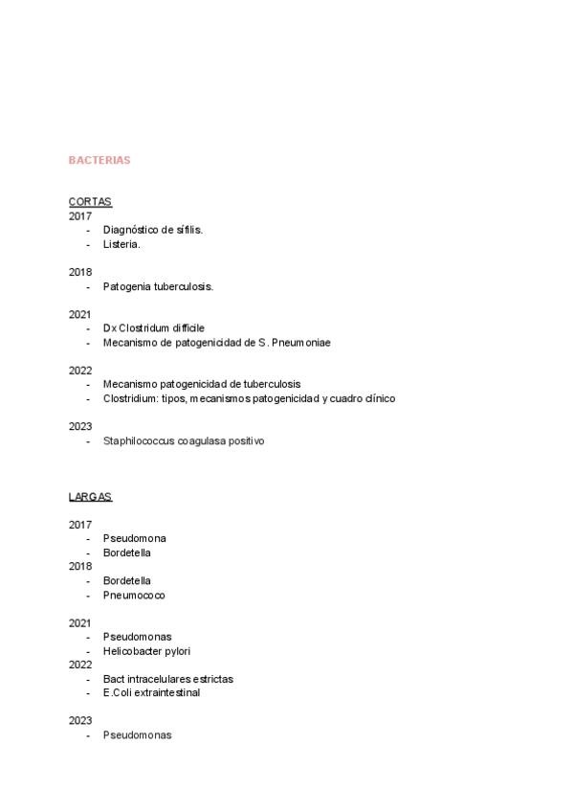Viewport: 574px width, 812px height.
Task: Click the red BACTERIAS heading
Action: [x=99, y=160]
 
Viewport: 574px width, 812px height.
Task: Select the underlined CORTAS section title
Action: [x=90, y=201]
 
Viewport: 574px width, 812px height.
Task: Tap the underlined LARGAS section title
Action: [x=90, y=496]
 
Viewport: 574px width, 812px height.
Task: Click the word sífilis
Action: [x=189, y=230]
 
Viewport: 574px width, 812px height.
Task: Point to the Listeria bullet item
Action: [x=121, y=244]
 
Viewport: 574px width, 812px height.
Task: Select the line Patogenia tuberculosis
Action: [x=158, y=286]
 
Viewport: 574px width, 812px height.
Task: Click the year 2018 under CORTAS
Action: [x=80, y=272]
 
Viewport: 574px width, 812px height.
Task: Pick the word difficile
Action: [x=184, y=328]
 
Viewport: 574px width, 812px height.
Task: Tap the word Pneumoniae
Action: [x=300, y=342]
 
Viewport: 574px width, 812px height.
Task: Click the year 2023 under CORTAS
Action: [x=80, y=426]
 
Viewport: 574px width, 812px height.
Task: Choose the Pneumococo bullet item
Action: [x=134, y=595]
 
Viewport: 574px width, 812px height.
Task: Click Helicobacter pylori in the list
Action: [x=146, y=651]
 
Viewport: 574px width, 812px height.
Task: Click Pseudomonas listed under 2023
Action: [x=137, y=735]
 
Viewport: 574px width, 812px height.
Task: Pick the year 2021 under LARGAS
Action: [x=80, y=622]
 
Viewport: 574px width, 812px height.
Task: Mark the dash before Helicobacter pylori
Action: [x=88, y=651]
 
